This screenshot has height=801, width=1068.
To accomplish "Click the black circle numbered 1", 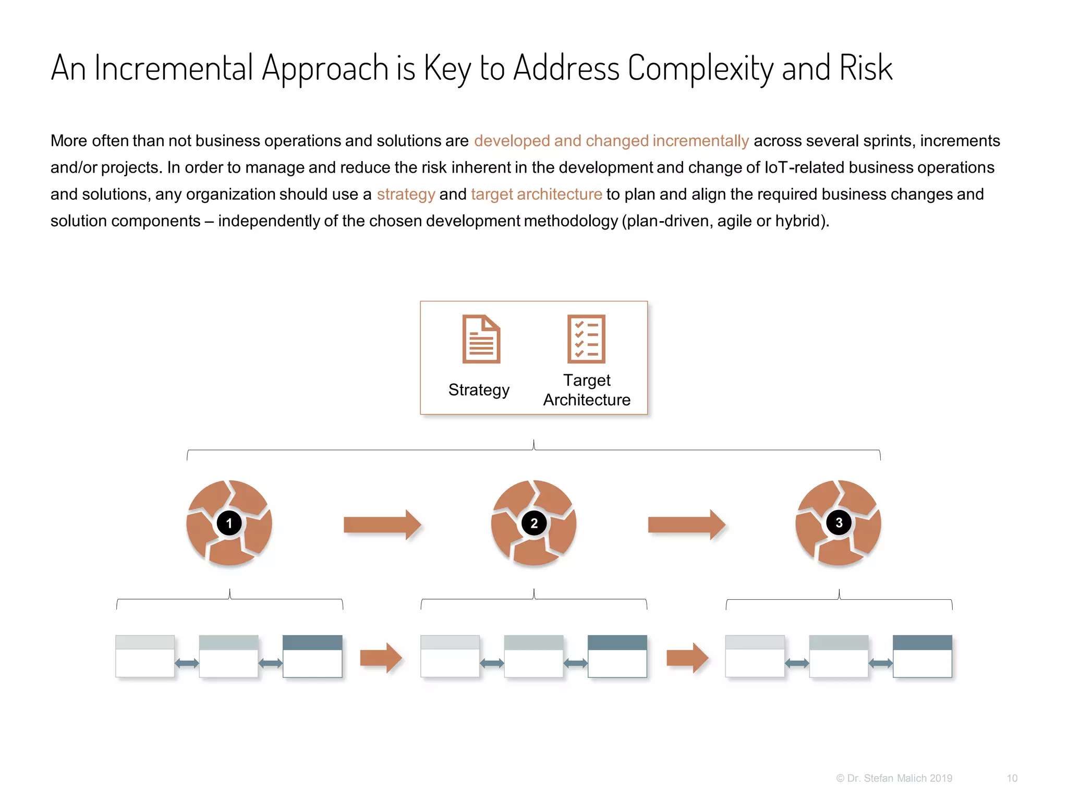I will click(x=229, y=523).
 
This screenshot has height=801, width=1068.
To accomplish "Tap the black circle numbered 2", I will click(x=533, y=523).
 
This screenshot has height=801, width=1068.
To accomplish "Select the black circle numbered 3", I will click(x=839, y=523).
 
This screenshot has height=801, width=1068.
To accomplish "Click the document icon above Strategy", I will click(x=481, y=339).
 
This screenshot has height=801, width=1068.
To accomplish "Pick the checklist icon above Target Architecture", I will click(x=586, y=339).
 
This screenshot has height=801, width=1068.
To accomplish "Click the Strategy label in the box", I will click(x=479, y=390).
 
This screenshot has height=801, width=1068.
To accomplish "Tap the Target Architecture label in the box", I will click(x=587, y=390).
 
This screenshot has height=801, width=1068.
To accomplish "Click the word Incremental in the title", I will click(x=174, y=68).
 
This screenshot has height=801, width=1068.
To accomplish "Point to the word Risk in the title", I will click(x=866, y=68).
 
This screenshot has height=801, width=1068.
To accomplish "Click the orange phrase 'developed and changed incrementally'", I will click(x=611, y=141).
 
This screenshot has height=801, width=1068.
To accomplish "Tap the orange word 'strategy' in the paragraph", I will click(x=406, y=194).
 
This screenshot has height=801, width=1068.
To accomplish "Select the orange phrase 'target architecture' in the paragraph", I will click(x=536, y=194).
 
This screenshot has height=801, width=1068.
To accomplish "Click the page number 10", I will click(x=1012, y=778).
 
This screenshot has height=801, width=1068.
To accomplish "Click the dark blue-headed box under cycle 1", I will click(x=312, y=656).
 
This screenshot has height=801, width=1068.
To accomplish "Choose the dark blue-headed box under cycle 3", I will click(x=922, y=656).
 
